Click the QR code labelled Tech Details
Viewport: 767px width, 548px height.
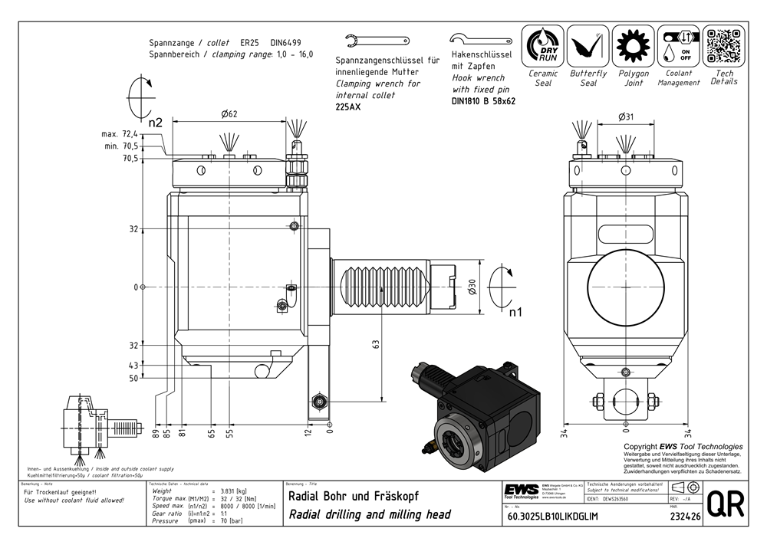723,46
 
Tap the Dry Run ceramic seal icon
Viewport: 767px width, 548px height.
542,46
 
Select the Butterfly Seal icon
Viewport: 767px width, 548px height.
588,46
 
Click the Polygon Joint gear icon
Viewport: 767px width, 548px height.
633,46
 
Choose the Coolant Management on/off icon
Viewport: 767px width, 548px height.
678,46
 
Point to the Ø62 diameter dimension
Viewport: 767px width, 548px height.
230,114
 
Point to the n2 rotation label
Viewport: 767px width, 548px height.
156,122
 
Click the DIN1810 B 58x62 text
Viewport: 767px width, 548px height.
483,100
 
